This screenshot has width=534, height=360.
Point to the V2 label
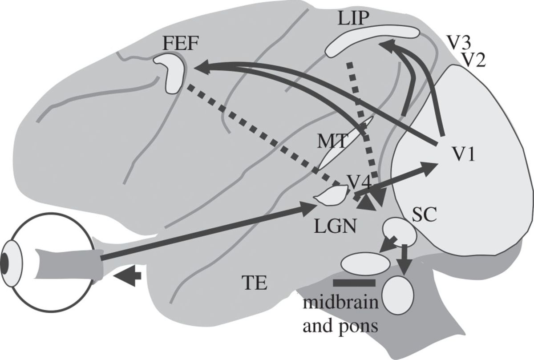[473, 59]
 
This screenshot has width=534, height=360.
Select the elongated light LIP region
[372, 40]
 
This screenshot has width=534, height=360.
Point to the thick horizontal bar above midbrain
[354, 283]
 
